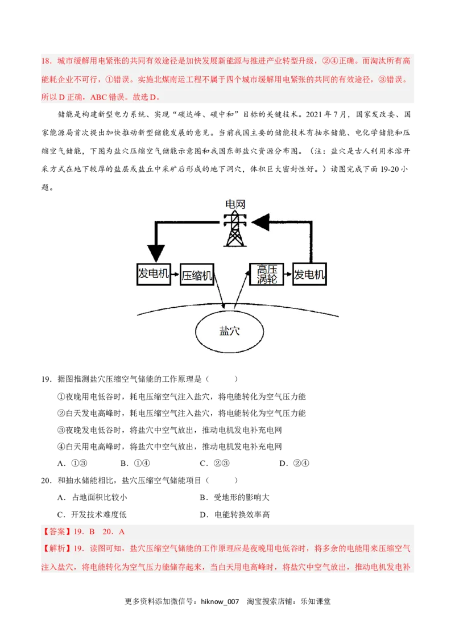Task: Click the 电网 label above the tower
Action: (x=235, y=204)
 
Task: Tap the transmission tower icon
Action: (x=235, y=229)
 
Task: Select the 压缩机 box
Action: (x=197, y=276)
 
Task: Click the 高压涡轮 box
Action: (x=267, y=274)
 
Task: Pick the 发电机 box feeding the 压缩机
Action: (x=154, y=274)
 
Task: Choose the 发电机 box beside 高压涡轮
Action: (x=309, y=275)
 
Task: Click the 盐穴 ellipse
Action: (x=230, y=331)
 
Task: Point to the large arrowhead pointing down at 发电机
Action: (x=155, y=253)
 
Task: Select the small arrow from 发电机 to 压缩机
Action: (x=175, y=275)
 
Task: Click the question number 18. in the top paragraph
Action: (x=47, y=61)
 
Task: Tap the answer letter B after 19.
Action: (x=92, y=532)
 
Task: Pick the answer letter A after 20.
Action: (x=122, y=532)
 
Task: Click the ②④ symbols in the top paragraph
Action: (x=331, y=61)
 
